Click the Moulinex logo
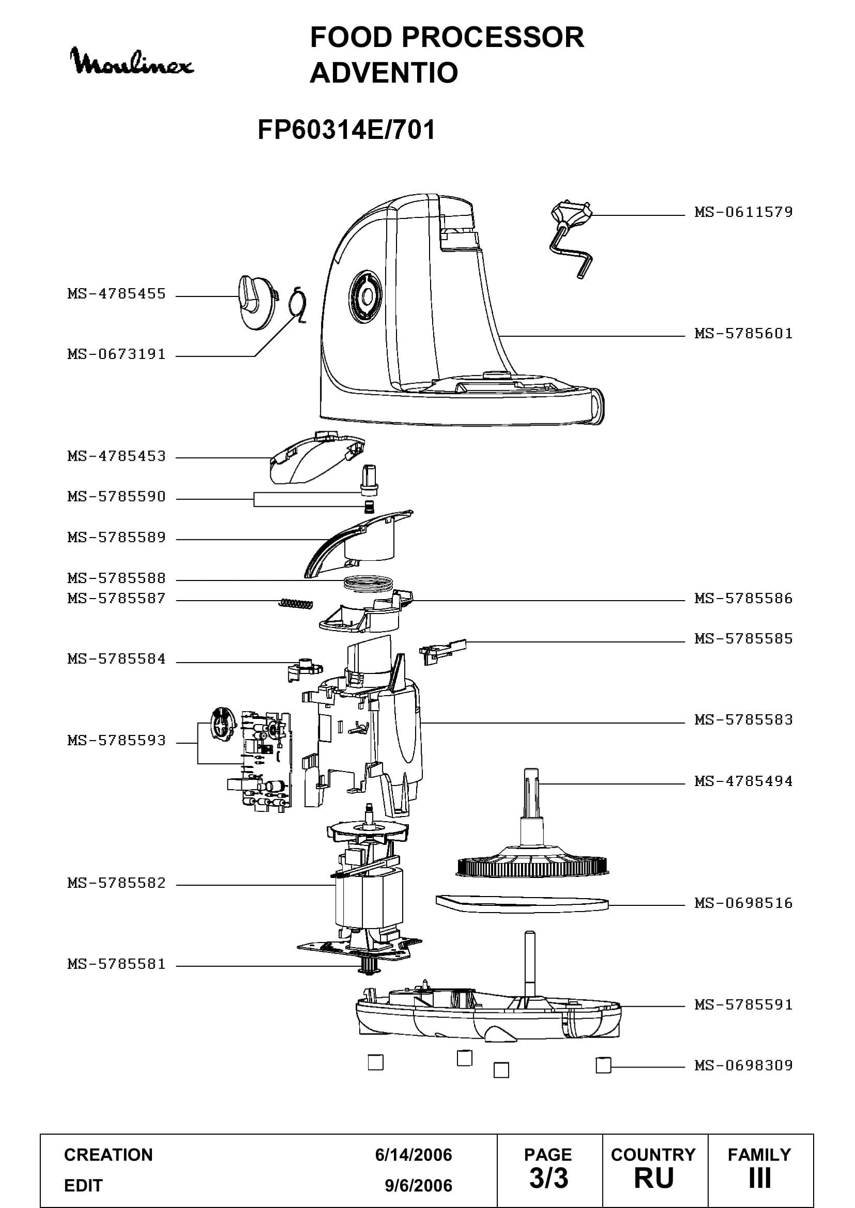pyautogui.click(x=132, y=62)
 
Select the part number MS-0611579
pyautogui.click(x=743, y=212)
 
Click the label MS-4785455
pyautogui.click(x=116, y=293)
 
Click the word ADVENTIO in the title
pyautogui.click(x=384, y=73)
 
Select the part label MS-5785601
pyautogui.click(x=743, y=334)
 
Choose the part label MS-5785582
pyautogui.click(x=116, y=883)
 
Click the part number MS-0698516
pyautogui.click(x=743, y=903)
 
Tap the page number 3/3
pyautogui.click(x=548, y=1178)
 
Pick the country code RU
pyautogui.click(x=654, y=1178)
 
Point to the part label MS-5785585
pyautogui.click(x=743, y=639)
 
